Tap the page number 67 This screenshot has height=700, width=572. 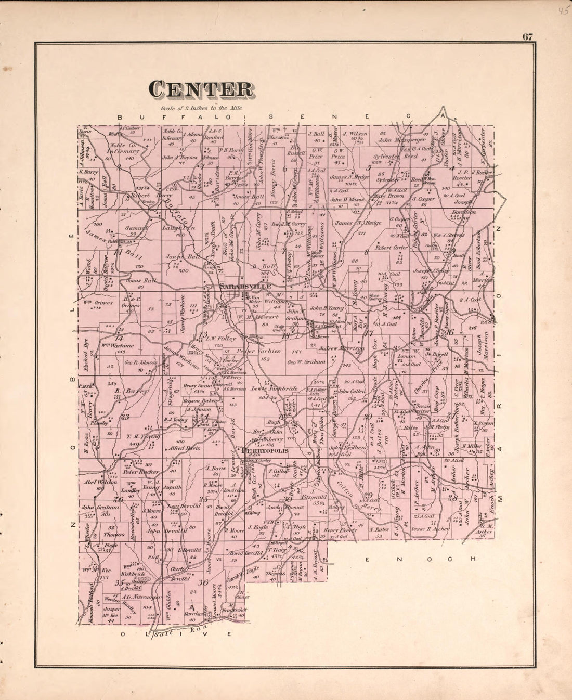528,36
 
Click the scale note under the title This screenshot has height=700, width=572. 201,108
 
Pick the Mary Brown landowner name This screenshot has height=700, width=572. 388,197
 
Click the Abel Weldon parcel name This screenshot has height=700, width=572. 101,482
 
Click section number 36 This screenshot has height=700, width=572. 203,582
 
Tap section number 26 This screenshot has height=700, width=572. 119,500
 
